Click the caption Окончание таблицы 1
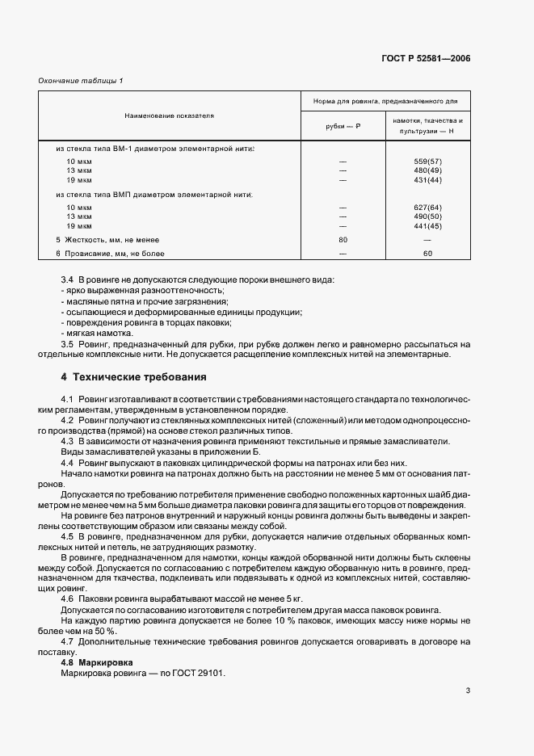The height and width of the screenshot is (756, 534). coord(81,80)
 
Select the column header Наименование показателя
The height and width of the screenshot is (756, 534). coord(170,116)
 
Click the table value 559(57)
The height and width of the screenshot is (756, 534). coord(427,162)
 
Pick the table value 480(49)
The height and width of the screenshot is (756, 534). coord(427,170)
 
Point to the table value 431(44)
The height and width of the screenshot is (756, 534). coord(427,179)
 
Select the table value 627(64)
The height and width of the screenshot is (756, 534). coord(427,208)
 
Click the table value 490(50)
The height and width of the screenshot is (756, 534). coord(427,216)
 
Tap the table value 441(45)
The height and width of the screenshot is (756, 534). coord(427,225)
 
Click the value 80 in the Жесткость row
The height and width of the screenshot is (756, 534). coord(343,240)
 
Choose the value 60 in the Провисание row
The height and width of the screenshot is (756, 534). coord(427,254)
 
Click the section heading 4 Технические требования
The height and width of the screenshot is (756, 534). coord(133,377)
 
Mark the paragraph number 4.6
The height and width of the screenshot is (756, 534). coord(68,598)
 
